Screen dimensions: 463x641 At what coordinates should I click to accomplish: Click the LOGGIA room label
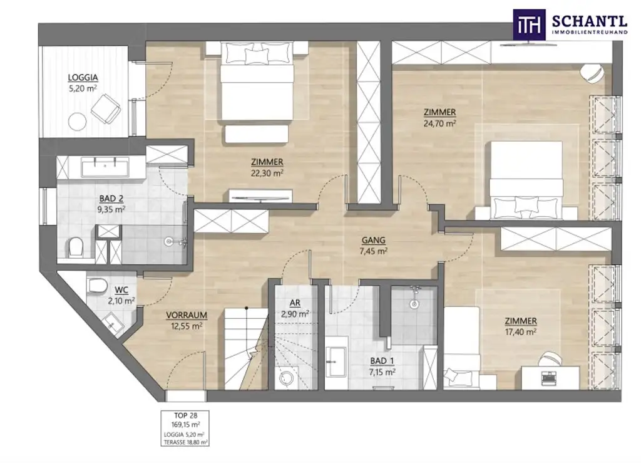pos(83,78)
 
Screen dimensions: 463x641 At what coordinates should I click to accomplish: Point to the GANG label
pos(373,240)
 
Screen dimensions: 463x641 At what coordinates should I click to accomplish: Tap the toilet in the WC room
pos(96,286)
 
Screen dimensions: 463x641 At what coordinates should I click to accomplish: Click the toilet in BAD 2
pos(75,247)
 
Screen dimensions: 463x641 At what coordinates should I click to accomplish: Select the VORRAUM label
pos(187,315)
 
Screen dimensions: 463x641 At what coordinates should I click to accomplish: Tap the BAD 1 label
pos(382,361)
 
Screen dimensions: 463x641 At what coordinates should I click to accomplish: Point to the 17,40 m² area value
pos(520,332)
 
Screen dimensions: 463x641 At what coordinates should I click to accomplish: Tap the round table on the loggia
pos(77,120)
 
